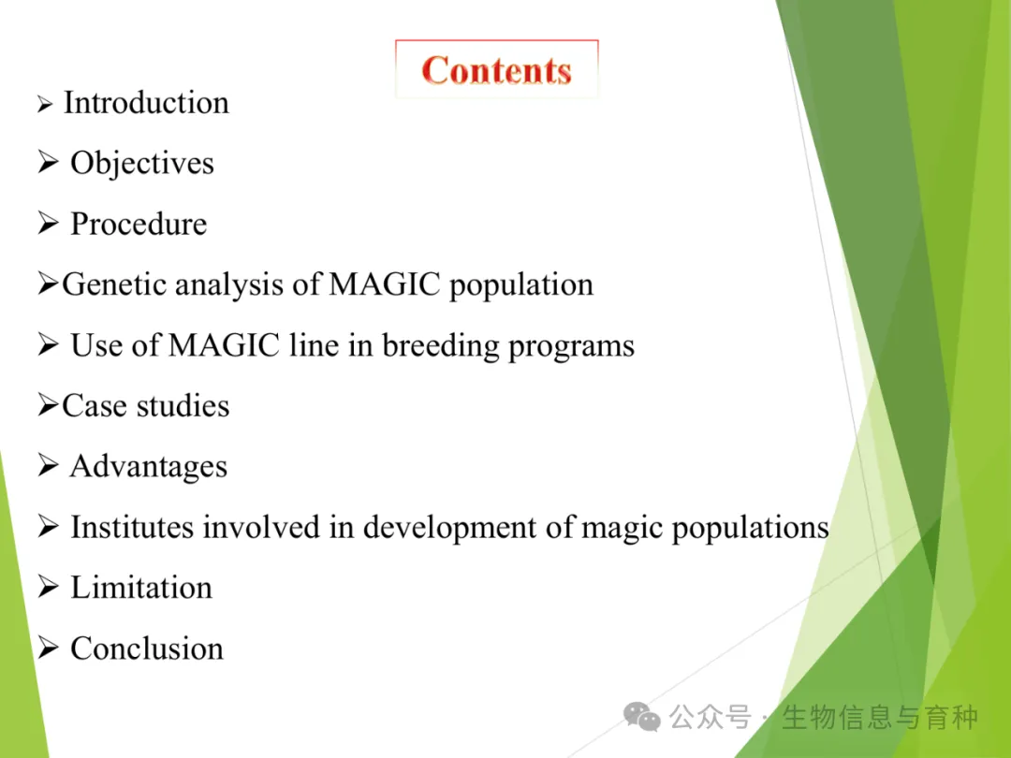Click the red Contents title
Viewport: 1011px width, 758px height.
click(x=496, y=70)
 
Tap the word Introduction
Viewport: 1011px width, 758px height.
click(x=146, y=103)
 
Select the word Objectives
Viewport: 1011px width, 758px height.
click(x=142, y=163)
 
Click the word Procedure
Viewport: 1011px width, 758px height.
click(x=139, y=224)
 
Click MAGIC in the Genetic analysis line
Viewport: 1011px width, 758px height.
click(x=385, y=284)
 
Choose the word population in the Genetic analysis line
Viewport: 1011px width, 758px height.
click(x=521, y=285)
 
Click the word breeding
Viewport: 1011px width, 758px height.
click(x=440, y=346)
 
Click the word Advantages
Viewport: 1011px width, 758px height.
click(x=149, y=467)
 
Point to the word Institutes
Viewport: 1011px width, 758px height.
click(x=132, y=527)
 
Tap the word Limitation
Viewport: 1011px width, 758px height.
click(x=141, y=588)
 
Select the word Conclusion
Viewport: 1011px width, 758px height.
click(x=147, y=649)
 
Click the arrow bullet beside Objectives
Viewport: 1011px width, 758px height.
click(x=48, y=162)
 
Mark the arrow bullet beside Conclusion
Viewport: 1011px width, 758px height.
click(x=48, y=648)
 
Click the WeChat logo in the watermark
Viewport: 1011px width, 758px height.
click(x=641, y=717)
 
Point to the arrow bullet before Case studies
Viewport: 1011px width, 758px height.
click(x=48, y=405)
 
